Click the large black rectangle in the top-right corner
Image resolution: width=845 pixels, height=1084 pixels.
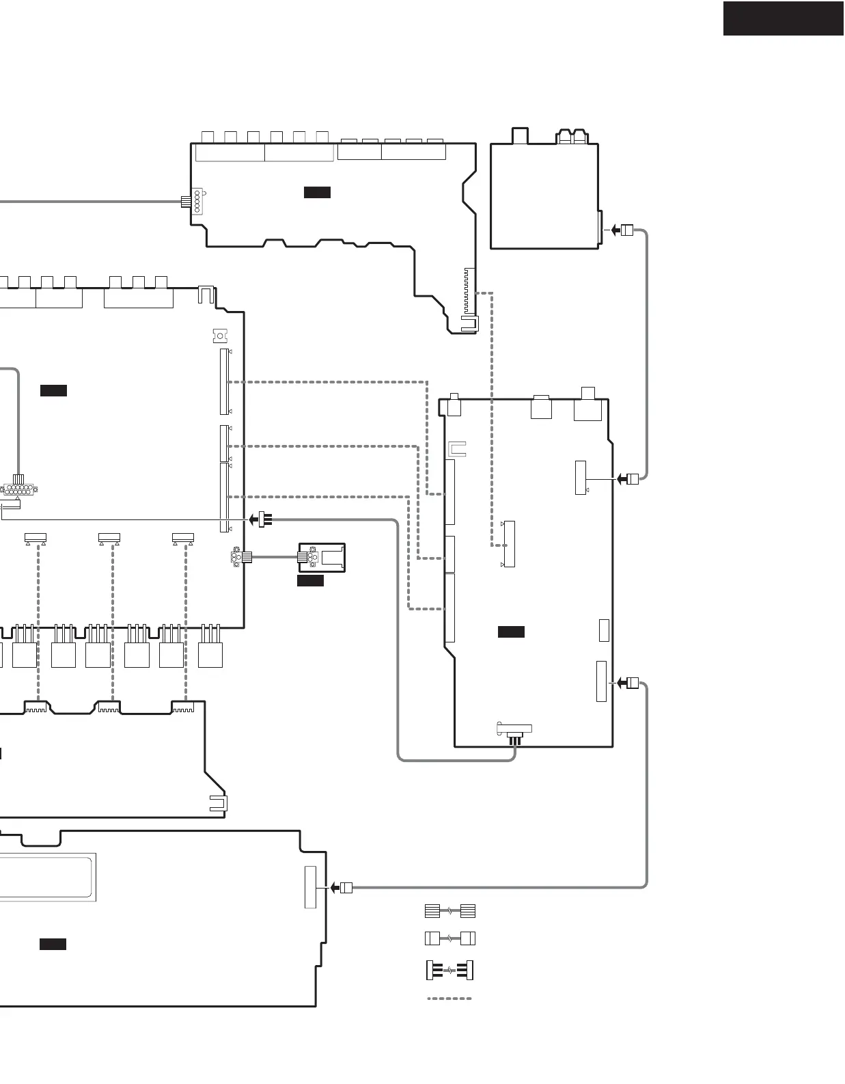point(783,18)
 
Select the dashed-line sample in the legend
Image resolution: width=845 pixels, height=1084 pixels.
point(449,999)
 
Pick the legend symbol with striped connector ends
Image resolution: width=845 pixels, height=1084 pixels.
point(449,911)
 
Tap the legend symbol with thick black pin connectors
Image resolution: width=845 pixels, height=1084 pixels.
point(449,970)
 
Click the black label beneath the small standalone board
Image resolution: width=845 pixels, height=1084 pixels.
point(310,581)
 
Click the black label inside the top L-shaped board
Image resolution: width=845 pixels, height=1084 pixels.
point(317,193)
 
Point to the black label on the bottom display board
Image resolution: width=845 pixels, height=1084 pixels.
point(53,945)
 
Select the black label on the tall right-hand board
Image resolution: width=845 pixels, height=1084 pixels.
point(511,632)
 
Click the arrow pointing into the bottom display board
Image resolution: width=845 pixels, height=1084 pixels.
point(334,888)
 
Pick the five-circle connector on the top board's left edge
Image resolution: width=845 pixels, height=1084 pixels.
point(197,202)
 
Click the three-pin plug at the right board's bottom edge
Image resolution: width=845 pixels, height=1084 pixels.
point(514,740)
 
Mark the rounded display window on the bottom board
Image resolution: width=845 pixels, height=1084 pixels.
point(46,877)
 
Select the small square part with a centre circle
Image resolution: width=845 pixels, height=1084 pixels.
point(219,336)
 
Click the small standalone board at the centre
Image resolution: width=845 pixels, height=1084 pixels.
point(322,558)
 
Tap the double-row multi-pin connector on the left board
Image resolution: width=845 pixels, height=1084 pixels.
point(20,489)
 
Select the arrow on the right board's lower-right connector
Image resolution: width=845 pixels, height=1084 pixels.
point(621,683)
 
